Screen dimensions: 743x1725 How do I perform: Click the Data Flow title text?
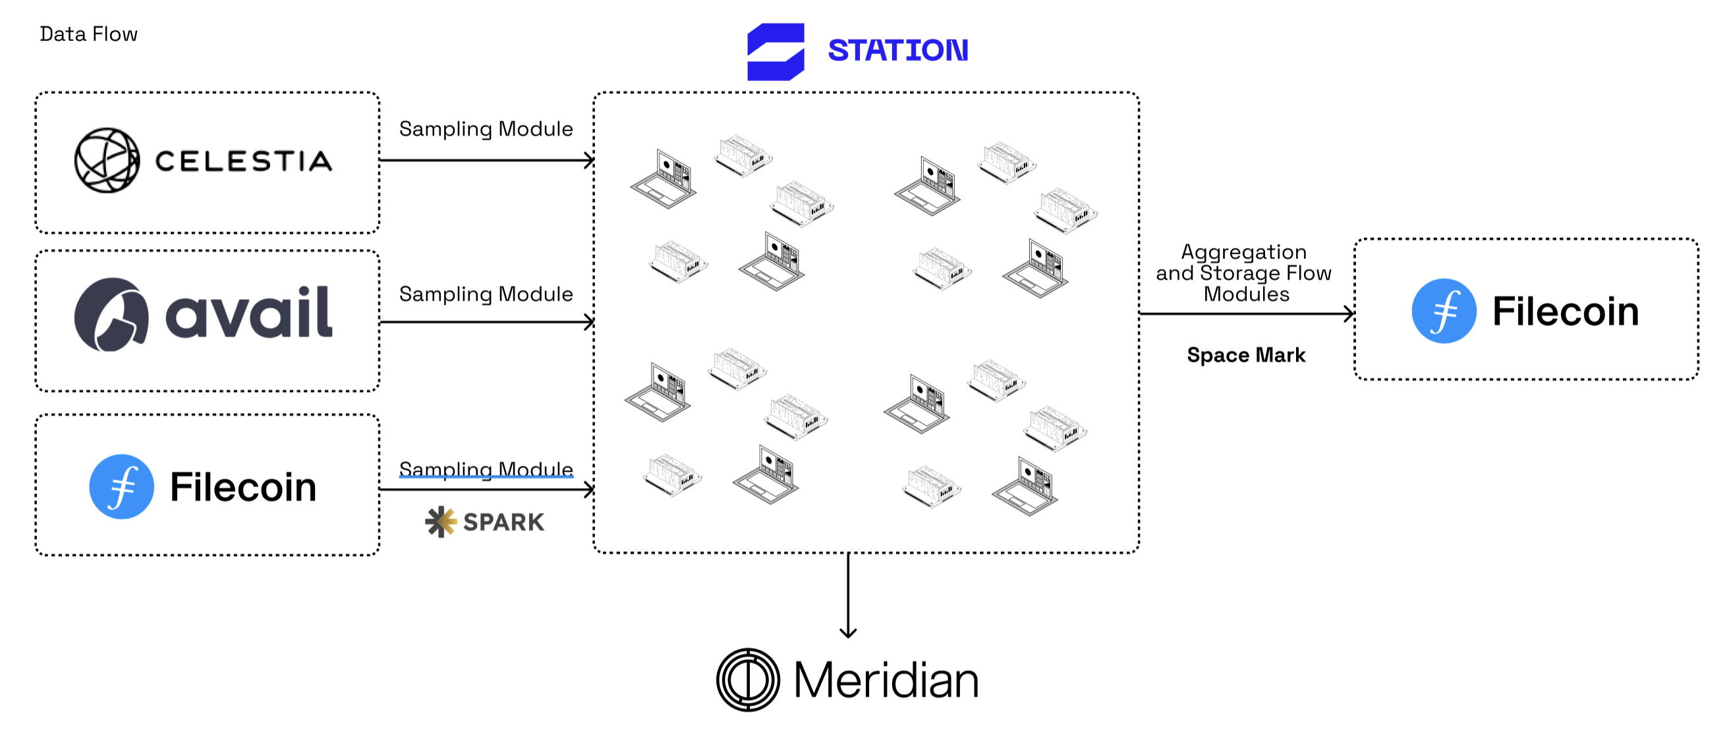(x=88, y=34)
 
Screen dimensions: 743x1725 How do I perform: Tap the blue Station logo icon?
(x=776, y=51)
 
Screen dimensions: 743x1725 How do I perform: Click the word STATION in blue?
(x=897, y=51)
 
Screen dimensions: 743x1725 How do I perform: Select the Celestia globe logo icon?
(x=107, y=161)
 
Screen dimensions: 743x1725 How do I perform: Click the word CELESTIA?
(x=244, y=161)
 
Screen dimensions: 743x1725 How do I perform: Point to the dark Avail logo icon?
(x=111, y=315)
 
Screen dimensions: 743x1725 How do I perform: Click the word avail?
(x=248, y=313)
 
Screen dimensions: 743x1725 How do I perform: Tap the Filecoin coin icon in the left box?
(x=121, y=487)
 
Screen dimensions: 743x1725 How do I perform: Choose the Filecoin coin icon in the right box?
(x=1444, y=312)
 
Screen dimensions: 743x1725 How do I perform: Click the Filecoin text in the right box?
(x=1566, y=312)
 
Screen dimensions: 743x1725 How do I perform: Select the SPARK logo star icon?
(x=441, y=522)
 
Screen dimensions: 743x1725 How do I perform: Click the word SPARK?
(x=503, y=522)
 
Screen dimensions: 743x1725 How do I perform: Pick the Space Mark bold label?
(x=1245, y=355)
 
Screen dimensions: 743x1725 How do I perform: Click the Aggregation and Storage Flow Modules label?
(x=1243, y=273)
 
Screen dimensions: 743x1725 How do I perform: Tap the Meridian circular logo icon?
(x=748, y=679)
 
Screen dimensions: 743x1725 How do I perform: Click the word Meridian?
(x=886, y=680)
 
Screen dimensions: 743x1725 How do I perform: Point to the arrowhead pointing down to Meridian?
(x=848, y=632)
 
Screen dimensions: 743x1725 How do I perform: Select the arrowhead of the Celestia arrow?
(x=589, y=161)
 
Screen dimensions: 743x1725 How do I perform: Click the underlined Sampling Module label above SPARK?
(x=486, y=469)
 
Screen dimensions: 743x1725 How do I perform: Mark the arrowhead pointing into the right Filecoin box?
(x=1349, y=314)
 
